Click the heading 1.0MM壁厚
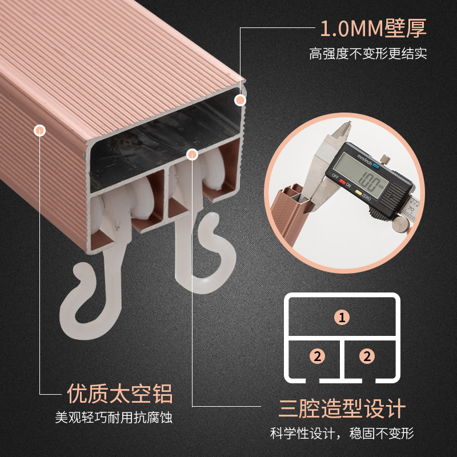pyautogui.click(x=374, y=28)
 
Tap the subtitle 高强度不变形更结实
pyautogui.click(x=368, y=54)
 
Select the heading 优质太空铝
pyautogui.click(x=120, y=394)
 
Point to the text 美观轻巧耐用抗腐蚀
pyautogui.click(x=114, y=418)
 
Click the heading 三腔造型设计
pyautogui.click(x=342, y=408)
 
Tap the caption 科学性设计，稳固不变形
pyautogui.click(x=342, y=434)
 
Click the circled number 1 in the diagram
pyautogui.click(x=342, y=317)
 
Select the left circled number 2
pyautogui.click(x=317, y=356)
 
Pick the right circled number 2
pyautogui.click(x=367, y=356)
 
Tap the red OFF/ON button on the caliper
pyautogui.click(x=342, y=183)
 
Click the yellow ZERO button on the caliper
pyautogui.click(x=359, y=193)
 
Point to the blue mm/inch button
pyautogui.click(x=376, y=166)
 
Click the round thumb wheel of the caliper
pyautogui.click(x=401, y=225)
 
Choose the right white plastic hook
pyautogui.click(x=204, y=251)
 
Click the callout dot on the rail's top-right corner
pyautogui.click(x=240, y=101)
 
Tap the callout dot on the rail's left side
pyautogui.click(x=39, y=130)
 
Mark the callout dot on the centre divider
pyautogui.click(x=192, y=154)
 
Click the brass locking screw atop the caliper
pyautogui.click(x=385, y=159)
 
